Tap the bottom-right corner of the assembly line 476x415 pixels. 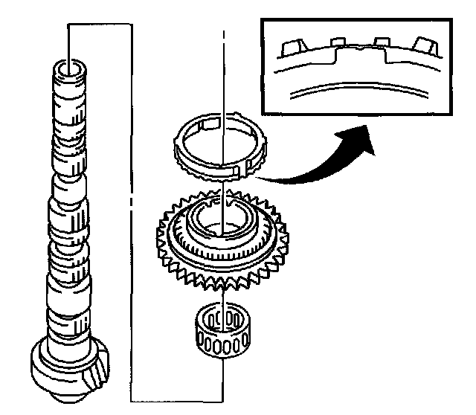(223, 399)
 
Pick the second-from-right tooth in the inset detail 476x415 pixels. (382, 40)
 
